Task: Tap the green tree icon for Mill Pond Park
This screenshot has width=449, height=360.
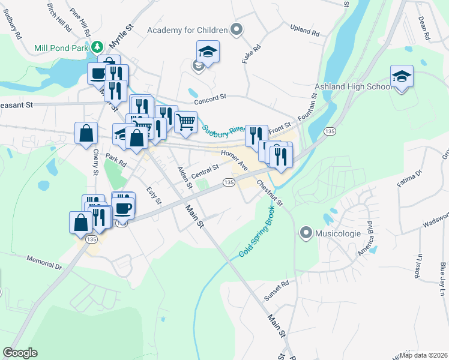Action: click(97, 46)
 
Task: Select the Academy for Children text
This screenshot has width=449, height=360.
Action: click(188, 29)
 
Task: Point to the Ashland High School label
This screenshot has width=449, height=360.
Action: click(353, 87)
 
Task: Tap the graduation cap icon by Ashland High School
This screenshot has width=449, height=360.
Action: click(402, 77)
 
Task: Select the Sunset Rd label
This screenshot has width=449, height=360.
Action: click(276, 290)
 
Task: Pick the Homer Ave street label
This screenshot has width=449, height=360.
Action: click(234, 161)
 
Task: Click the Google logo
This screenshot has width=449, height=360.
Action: click(20, 352)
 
